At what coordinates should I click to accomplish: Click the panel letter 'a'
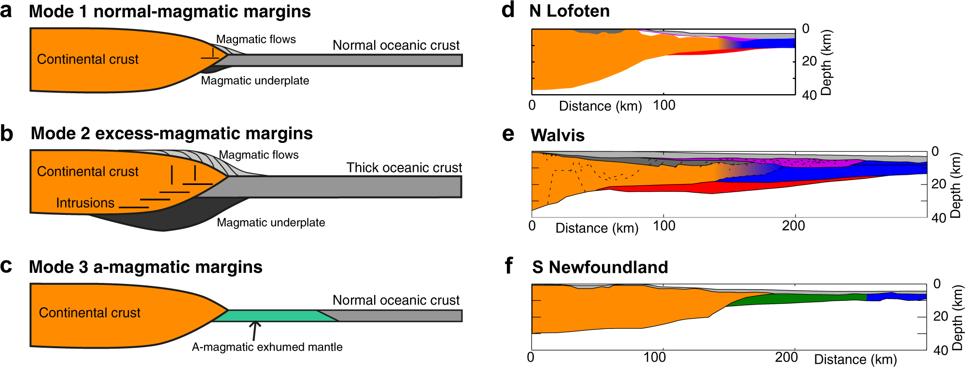click(6, 11)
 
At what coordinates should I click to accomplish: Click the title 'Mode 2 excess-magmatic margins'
click(171, 133)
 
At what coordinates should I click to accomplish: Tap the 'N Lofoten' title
click(569, 11)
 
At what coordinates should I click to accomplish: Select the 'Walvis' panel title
click(558, 135)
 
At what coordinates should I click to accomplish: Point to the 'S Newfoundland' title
click(600, 267)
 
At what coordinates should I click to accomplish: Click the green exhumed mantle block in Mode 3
click(270, 316)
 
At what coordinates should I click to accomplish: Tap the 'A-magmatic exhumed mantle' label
click(267, 347)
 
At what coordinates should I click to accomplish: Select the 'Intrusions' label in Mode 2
click(85, 203)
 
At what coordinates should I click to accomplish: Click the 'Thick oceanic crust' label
click(404, 168)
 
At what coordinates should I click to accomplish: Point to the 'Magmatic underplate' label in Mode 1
click(255, 81)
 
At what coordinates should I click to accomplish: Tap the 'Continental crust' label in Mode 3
click(89, 313)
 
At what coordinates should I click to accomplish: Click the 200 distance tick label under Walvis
click(793, 226)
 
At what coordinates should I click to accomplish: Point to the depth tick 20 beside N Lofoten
click(809, 61)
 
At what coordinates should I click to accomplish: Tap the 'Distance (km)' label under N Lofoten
click(600, 106)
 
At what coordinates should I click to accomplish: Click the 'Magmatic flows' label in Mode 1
click(256, 39)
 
